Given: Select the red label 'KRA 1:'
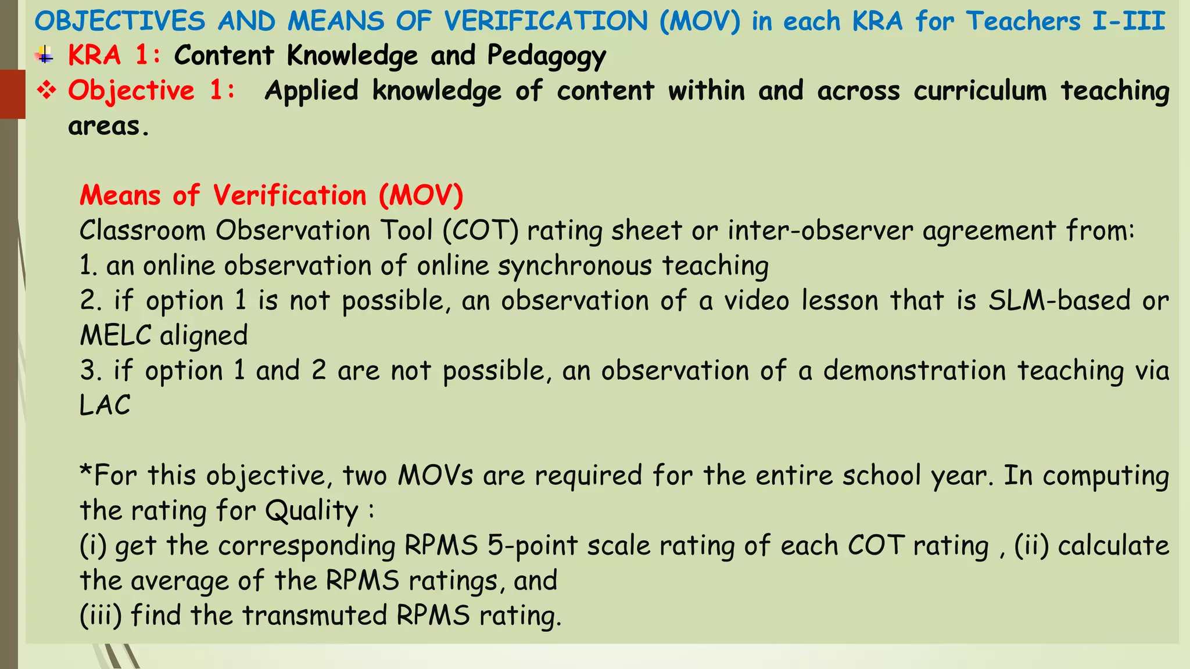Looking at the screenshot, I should coord(114,56).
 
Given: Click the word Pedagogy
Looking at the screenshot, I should coord(546,56).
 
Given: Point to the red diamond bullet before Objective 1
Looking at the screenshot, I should coord(46,90).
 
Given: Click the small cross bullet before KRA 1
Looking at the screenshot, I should coord(45,56).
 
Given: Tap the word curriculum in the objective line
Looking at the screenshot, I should coord(980,91).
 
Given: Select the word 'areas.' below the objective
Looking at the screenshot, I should coord(109,126).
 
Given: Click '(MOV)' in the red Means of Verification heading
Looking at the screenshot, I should coord(421,195).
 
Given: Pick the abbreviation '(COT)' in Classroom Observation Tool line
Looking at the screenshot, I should coord(481,231).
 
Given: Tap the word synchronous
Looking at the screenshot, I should coord(575,266).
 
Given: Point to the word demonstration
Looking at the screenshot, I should coord(914,371).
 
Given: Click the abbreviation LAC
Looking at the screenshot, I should coord(105,405).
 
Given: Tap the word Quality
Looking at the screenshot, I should coord(312,511).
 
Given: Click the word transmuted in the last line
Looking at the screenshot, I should coord(314,616).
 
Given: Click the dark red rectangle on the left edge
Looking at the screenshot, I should coord(12,93).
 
